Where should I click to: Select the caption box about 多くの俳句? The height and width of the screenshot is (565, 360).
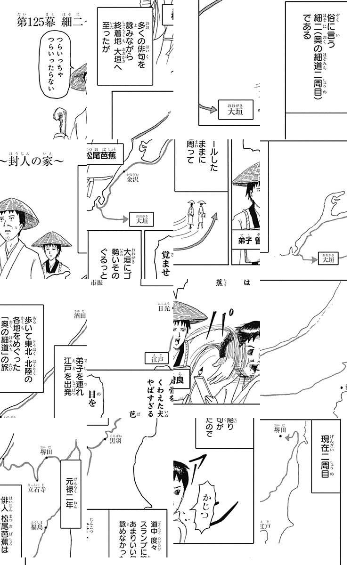coord(125,46)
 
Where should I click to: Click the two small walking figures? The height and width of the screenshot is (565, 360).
coord(197,214)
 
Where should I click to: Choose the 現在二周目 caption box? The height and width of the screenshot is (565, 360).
coord(326,457)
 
